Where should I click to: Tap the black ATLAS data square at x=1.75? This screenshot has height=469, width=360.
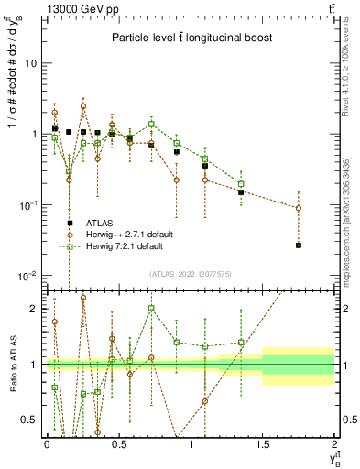click(x=299, y=245)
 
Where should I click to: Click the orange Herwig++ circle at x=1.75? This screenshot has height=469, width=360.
click(x=299, y=208)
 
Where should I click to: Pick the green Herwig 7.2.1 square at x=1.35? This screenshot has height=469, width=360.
click(x=241, y=184)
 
